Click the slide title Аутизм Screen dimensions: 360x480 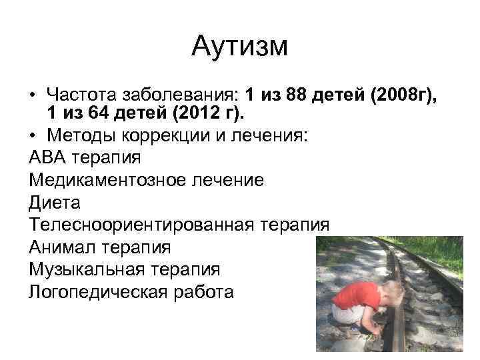click(239, 47)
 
